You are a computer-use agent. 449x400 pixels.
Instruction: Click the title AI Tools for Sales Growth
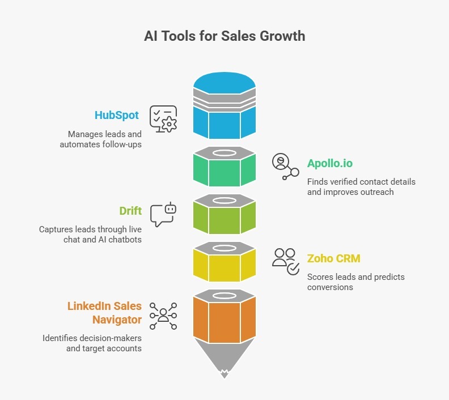click(x=224, y=36)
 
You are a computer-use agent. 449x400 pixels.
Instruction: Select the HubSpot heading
click(x=117, y=115)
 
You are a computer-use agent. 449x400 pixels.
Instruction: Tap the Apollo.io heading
click(x=330, y=164)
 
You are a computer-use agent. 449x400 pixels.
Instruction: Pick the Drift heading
click(x=130, y=211)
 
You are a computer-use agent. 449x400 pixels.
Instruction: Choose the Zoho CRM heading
click(x=333, y=259)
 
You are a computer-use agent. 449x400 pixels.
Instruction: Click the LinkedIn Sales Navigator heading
click(x=104, y=313)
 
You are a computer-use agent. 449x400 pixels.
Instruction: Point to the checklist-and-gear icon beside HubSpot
click(x=163, y=119)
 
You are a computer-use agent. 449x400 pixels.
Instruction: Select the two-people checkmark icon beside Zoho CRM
click(x=286, y=261)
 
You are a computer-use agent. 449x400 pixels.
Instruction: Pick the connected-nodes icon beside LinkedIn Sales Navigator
click(x=163, y=316)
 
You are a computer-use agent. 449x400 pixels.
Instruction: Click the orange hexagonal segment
click(x=224, y=320)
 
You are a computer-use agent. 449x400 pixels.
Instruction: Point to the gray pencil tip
click(x=224, y=360)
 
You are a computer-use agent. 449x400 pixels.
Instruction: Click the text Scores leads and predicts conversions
click(x=355, y=282)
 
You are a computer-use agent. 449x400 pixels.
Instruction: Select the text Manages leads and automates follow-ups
click(x=100, y=139)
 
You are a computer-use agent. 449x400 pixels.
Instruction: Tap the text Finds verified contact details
click(x=361, y=182)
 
